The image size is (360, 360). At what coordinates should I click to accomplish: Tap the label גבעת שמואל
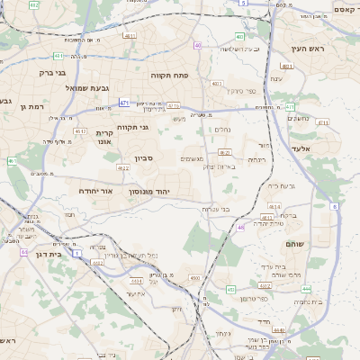coord(62,87)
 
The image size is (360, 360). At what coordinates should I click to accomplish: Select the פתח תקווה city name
coord(167,75)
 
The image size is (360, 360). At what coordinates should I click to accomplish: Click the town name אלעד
coord(300,148)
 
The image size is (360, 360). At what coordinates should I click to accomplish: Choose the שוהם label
coord(294,244)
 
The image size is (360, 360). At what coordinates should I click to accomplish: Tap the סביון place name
coord(145,158)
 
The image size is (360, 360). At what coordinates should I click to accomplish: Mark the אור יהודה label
coord(94,191)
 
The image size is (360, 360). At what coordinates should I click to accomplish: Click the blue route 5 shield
coord(243,4)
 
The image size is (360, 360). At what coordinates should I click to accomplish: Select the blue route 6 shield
coord(334,207)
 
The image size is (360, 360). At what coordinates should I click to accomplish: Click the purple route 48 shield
coord(241,228)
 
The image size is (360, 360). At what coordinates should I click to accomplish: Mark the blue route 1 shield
coord(77,255)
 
